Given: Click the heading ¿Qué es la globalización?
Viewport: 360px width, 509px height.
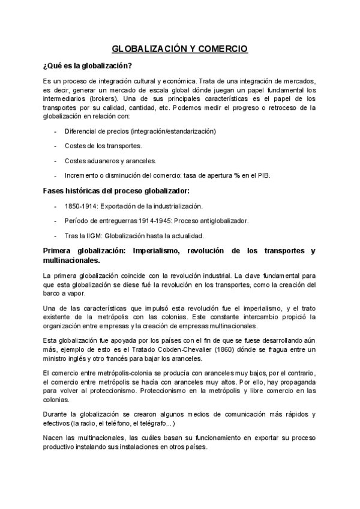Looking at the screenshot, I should point(88,65).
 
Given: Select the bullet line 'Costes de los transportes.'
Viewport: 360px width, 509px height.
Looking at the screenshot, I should point(103,146).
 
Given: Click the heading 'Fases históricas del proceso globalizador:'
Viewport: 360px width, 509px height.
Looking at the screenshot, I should point(116,191).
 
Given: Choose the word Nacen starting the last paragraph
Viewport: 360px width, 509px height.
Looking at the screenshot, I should point(54,438).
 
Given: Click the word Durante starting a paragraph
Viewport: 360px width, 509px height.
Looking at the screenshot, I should point(56,414).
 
